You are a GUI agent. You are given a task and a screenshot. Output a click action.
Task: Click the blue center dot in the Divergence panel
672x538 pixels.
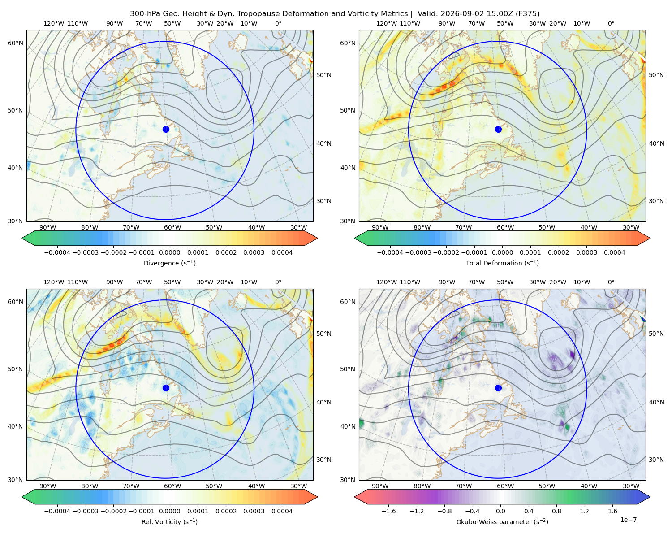[166, 130]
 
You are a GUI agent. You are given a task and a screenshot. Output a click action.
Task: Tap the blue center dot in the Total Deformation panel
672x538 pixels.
[498, 130]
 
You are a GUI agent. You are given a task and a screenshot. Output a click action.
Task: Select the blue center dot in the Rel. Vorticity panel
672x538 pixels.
[166, 388]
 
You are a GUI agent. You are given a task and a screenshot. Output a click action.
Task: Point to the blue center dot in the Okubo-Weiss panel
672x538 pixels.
[498, 388]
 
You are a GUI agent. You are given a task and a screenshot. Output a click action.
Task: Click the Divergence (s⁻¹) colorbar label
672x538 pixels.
[169, 263]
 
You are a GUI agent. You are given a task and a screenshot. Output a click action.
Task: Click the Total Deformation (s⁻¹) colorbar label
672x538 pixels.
[502, 263]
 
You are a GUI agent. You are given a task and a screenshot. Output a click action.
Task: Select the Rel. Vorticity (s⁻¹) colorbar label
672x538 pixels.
[169, 522]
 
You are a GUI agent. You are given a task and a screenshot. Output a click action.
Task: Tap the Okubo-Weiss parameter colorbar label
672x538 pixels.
[502, 522]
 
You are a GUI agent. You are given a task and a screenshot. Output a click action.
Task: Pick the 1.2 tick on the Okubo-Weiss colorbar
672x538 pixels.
[584, 511]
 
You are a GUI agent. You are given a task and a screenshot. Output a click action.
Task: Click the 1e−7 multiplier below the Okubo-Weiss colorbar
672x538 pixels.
[628, 520]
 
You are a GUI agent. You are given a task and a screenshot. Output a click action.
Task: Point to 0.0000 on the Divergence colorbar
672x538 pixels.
[169, 252]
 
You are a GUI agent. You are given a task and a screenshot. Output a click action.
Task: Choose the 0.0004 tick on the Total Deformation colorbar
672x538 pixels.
[614, 252]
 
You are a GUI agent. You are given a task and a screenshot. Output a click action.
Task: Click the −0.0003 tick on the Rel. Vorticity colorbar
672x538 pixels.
[85, 511]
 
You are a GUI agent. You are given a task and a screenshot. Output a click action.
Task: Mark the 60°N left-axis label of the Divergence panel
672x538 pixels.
[15, 43]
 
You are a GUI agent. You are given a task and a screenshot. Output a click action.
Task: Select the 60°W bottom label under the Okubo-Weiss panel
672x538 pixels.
[505, 486]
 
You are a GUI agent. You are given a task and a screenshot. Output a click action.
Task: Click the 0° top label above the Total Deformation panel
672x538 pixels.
[611, 23]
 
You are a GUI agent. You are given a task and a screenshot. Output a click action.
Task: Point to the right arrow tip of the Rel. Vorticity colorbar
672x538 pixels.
[318, 497]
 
